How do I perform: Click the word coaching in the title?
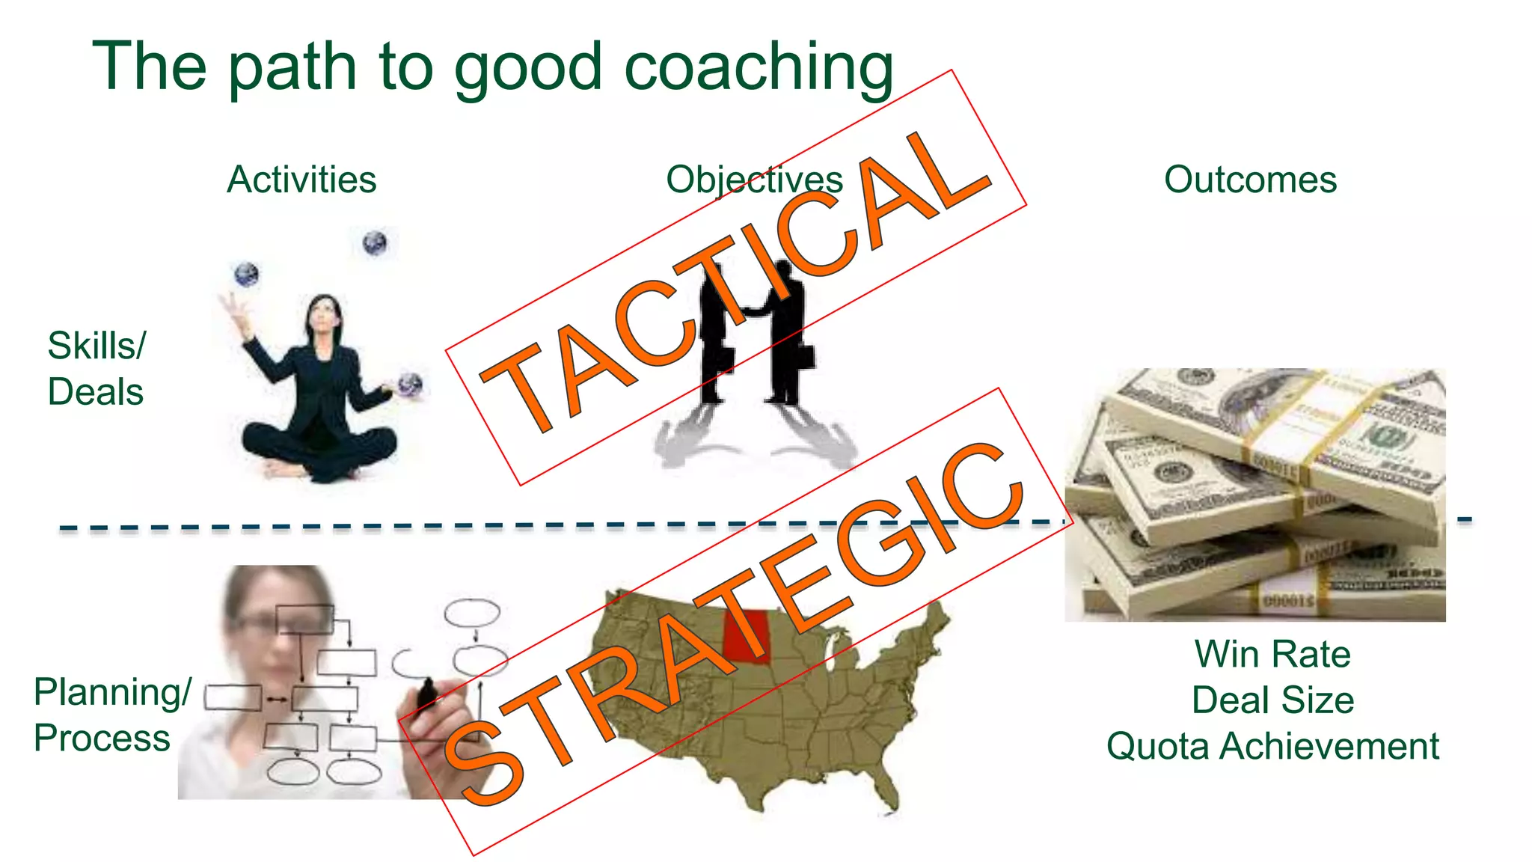pos(759,67)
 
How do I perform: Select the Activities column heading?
pos(301,180)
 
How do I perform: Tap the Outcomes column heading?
pos(1250,180)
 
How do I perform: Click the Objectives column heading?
pos(754,180)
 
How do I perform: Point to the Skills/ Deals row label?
pos(96,369)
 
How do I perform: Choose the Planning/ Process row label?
pos(111,715)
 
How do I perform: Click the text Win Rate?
pos(1272,654)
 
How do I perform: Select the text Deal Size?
pos(1272,700)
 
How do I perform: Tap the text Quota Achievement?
pos(1272,747)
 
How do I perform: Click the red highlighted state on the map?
pos(747,636)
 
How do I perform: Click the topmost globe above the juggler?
pos(375,243)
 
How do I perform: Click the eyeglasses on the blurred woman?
pos(258,623)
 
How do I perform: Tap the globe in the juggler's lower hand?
pos(410,384)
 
